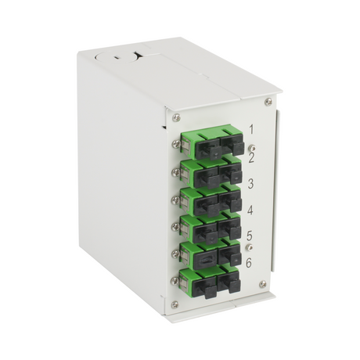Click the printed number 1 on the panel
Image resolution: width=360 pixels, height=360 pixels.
coord(251,129)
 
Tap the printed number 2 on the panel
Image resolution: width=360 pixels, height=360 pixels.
coord(251,158)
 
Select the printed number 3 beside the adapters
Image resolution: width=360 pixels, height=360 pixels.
coord(250,184)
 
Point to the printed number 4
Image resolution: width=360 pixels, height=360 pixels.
coord(250,210)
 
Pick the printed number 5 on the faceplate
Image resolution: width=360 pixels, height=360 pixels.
coord(250,236)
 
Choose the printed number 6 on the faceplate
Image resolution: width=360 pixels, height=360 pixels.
coord(249,262)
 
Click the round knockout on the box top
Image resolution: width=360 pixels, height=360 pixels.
coord(117,58)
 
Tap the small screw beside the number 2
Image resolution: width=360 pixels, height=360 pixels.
coord(252,148)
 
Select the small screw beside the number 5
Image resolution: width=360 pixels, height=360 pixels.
coord(250,247)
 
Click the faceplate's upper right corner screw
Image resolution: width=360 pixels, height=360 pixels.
coord(268,102)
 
